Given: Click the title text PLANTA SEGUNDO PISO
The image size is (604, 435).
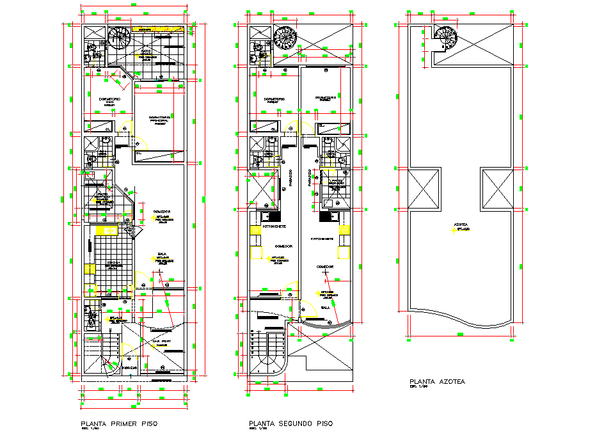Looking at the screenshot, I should [x=290, y=424].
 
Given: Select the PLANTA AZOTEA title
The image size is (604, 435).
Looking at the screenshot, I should [x=437, y=382].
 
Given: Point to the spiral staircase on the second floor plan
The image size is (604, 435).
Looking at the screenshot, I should [x=285, y=38].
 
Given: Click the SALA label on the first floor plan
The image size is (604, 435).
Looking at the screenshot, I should [x=162, y=254].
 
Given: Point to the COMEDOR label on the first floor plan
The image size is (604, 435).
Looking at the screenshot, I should [x=161, y=212].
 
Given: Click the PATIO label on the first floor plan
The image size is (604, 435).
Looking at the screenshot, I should [x=146, y=51].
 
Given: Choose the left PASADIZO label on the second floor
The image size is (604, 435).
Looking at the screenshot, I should [x=290, y=178].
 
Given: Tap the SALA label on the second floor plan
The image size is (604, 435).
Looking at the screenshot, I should [x=325, y=308].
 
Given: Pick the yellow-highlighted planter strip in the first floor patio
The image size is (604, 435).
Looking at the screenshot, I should [x=160, y=29].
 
